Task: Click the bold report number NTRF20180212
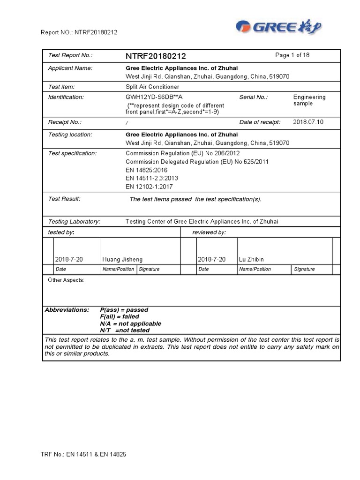[156, 56]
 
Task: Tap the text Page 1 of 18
[292, 55]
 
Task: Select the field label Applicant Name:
[70, 68]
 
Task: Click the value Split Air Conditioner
[152, 87]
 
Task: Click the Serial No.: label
[254, 97]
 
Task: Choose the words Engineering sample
[309, 100]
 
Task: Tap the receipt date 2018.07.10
[308, 122]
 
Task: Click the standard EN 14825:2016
[147, 170]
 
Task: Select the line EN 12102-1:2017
[149, 187]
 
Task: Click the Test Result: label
[65, 199]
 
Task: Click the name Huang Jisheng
[122, 259]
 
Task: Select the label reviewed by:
[209, 232]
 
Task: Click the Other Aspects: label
[66, 280]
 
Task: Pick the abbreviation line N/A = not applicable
[130, 323]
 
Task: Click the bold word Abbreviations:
[67, 310]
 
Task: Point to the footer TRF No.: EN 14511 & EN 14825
[83, 454]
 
